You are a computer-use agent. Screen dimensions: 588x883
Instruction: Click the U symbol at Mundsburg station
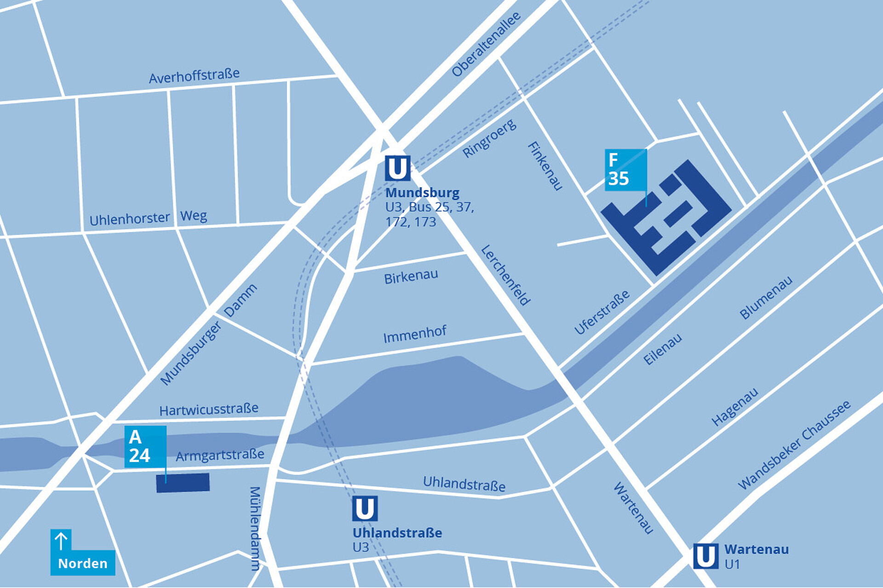(397, 168)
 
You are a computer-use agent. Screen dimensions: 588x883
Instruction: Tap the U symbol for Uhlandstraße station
(365, 508)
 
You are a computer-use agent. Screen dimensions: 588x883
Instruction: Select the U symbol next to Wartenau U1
(705, 556)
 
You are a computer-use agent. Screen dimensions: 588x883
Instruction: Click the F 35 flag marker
(625, 170)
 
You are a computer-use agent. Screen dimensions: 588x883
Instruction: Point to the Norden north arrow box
(82, 553)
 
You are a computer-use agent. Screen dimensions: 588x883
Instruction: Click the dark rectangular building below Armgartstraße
(183, 483)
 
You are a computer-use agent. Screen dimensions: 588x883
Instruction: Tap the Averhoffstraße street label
(194, 76)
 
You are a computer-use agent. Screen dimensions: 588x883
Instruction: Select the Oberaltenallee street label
(486, 44)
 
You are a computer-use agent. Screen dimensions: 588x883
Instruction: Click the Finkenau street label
(545, 166)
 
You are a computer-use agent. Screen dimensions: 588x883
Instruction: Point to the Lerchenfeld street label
(505, 275)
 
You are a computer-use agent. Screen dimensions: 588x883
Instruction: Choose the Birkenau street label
(411, 277)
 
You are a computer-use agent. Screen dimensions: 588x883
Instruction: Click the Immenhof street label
(414, 334)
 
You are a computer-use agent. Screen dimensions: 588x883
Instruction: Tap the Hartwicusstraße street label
(208, 409)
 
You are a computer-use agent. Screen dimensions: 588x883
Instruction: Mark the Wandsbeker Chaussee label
(794, 445)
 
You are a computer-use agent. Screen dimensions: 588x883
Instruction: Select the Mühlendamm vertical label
(255, 528)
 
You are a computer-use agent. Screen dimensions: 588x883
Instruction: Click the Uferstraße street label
(602, 313)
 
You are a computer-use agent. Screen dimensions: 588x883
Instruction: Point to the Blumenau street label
(766, 298)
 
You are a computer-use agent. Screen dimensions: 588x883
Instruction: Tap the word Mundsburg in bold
(422, 192)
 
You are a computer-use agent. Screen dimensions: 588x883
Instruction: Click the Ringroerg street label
(489, 138)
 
